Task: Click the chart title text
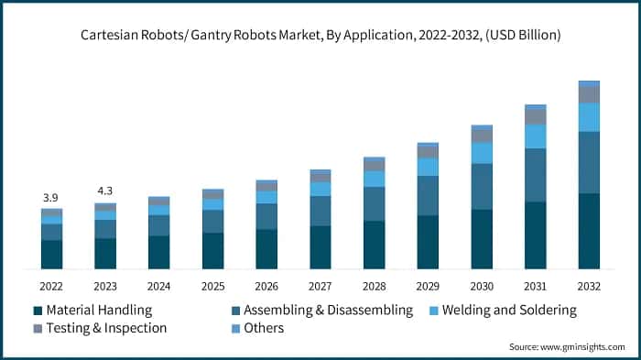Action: [x=320, y=35]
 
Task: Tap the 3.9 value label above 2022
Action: [x=51, y=198]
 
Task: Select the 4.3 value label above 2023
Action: [x=105, y=191]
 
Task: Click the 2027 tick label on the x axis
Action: [x=320, y=286]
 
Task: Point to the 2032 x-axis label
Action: [x=589, y=286]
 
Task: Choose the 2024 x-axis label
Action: [x=158, y=286]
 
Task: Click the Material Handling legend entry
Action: [x=99, y=311]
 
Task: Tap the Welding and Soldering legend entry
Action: [x=509, y=311]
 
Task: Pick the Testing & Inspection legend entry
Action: [x=106, y=328]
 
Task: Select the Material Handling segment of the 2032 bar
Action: [x=589, y=231]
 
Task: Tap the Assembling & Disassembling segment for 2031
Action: [x=535, y=175]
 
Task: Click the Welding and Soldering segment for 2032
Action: [x=589, y=116]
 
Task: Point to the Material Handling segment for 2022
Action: [x=51, y=255]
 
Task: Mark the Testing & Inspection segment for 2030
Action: [x=482, y=136]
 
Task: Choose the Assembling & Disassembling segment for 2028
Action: [x=374, y=203]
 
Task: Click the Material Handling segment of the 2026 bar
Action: [x=266, y=249]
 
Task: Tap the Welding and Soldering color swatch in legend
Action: [x=433, y=311]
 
